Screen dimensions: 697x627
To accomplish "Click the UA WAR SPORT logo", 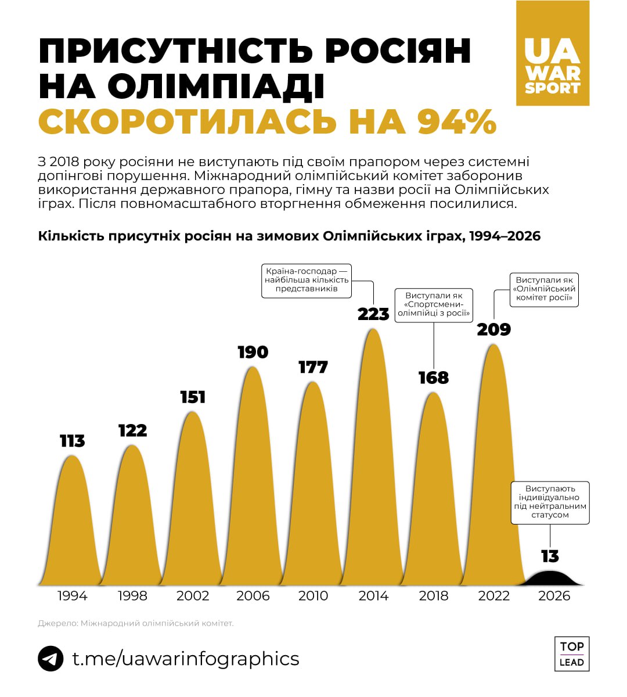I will (552, 53).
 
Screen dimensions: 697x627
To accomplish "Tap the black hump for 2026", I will (553, 579).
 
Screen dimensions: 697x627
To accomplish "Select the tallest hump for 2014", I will (373, 465).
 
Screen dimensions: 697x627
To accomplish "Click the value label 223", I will (373, 314).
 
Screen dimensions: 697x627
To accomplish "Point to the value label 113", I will (72, 441).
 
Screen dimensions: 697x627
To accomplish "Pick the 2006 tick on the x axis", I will (253, 596).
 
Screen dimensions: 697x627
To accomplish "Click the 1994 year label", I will (72, 596).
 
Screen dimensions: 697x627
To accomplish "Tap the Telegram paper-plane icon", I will (51, 659).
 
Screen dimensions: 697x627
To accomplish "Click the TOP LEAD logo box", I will (571, 654).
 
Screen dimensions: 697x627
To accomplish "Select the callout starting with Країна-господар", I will (307, 280).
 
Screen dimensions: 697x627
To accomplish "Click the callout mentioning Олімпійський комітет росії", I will (544, 289).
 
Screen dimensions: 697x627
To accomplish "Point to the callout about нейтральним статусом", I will (550, 502).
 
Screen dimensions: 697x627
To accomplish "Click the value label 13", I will (550, 556).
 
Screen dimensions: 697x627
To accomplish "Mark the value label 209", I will (493, 330).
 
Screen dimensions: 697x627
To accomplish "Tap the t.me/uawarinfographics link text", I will (185, 659).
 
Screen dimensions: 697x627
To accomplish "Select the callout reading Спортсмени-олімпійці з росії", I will (434, 305).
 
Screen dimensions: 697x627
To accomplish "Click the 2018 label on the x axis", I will (434, 596).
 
